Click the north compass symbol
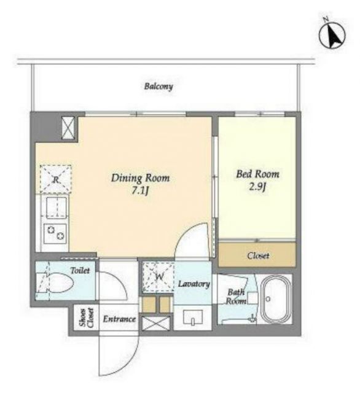pos(332,34)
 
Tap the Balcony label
pos(158,87)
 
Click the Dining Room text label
pos(140,178)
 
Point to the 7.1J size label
pos(141,192)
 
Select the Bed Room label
pos(257,174)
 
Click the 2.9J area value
pos(257,187)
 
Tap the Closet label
pos(258,255)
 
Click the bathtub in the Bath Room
pos(276,299)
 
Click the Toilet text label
pos(80,270)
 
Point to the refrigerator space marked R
pos(56,179)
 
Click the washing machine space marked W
pos(158,277)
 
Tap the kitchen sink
pos(56,207)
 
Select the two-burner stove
pos(55,233)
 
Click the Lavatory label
pos(194,284)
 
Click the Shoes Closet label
pos(87,318)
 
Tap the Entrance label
pos(119,319)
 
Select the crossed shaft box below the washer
pos(156,324)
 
